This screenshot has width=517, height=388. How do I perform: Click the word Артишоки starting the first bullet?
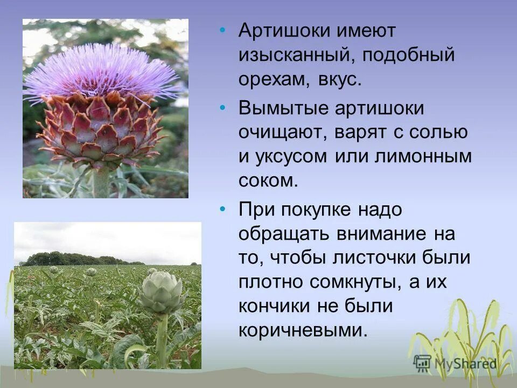pyautogui.click(x=280, y=31)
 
